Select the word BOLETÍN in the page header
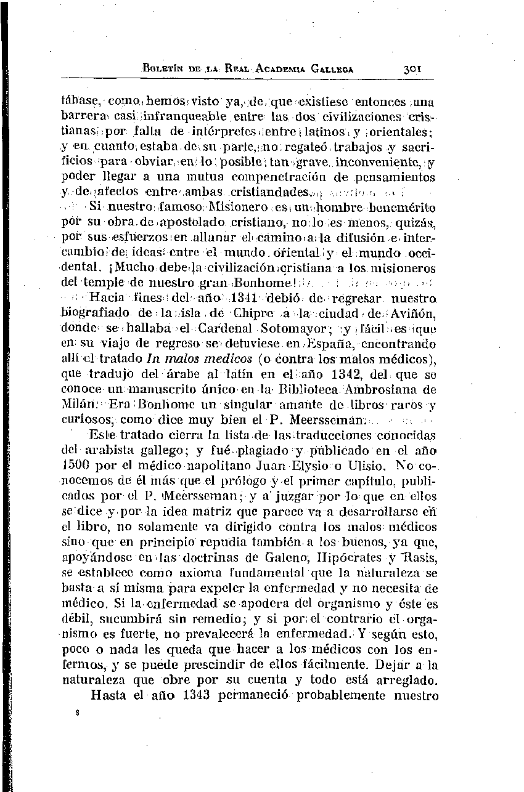(x=163, y=69)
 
